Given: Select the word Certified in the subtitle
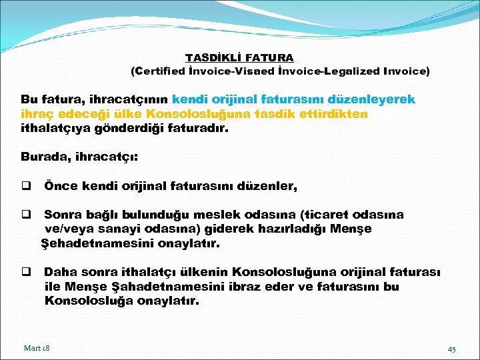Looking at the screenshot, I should pyautogui.click(x=161, y=71).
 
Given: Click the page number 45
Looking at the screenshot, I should pyautogui.click(x=451, y=349).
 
